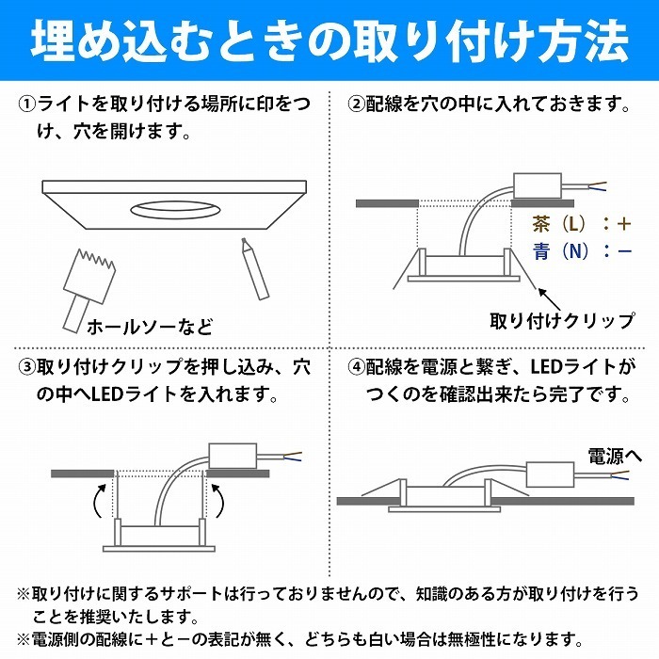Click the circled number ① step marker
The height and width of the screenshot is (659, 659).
coord(27,104)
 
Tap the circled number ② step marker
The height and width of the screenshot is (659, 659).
coord(357,104)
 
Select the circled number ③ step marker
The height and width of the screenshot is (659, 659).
coord(27,367)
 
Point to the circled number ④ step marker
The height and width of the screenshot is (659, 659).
coord(357,367)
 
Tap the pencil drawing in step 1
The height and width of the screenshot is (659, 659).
coord(255,269)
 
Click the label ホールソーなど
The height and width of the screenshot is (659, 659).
coord(150,327)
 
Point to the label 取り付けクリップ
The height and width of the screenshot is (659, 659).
coord(562,322)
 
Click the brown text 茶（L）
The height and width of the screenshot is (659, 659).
coord(559,224)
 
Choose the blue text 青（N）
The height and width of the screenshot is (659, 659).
coord(559,251)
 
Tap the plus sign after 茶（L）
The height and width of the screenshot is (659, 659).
coord(624,224)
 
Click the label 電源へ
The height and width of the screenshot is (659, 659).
coord(614,456)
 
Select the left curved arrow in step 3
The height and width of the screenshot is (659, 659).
coord(99,501)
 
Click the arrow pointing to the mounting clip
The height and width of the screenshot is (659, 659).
coord(550,299)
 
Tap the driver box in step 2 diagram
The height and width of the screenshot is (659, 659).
coord(538,185)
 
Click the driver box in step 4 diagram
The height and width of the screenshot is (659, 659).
coord(550,474)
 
